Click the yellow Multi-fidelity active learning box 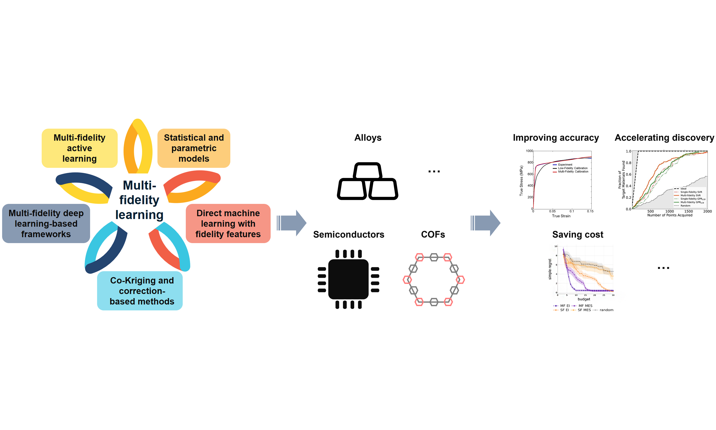(x=80, y=148)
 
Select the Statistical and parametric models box (x=194, y=148)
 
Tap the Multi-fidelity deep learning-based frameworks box (x=46, y=223)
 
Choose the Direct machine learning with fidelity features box (x=228, y=223)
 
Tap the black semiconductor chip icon (x=348, y=279)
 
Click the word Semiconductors (x=349, y=234)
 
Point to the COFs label (x=433, y=234)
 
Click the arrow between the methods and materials (x=292, y=223)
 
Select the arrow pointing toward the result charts (x=485, y=223)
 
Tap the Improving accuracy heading (x=556, y=138)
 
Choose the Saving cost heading (x=578, y=234)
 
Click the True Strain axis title (x=561, y=216)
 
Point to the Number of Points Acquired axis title (x=670, y=215)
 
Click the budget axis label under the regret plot (x=584, y=299)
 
